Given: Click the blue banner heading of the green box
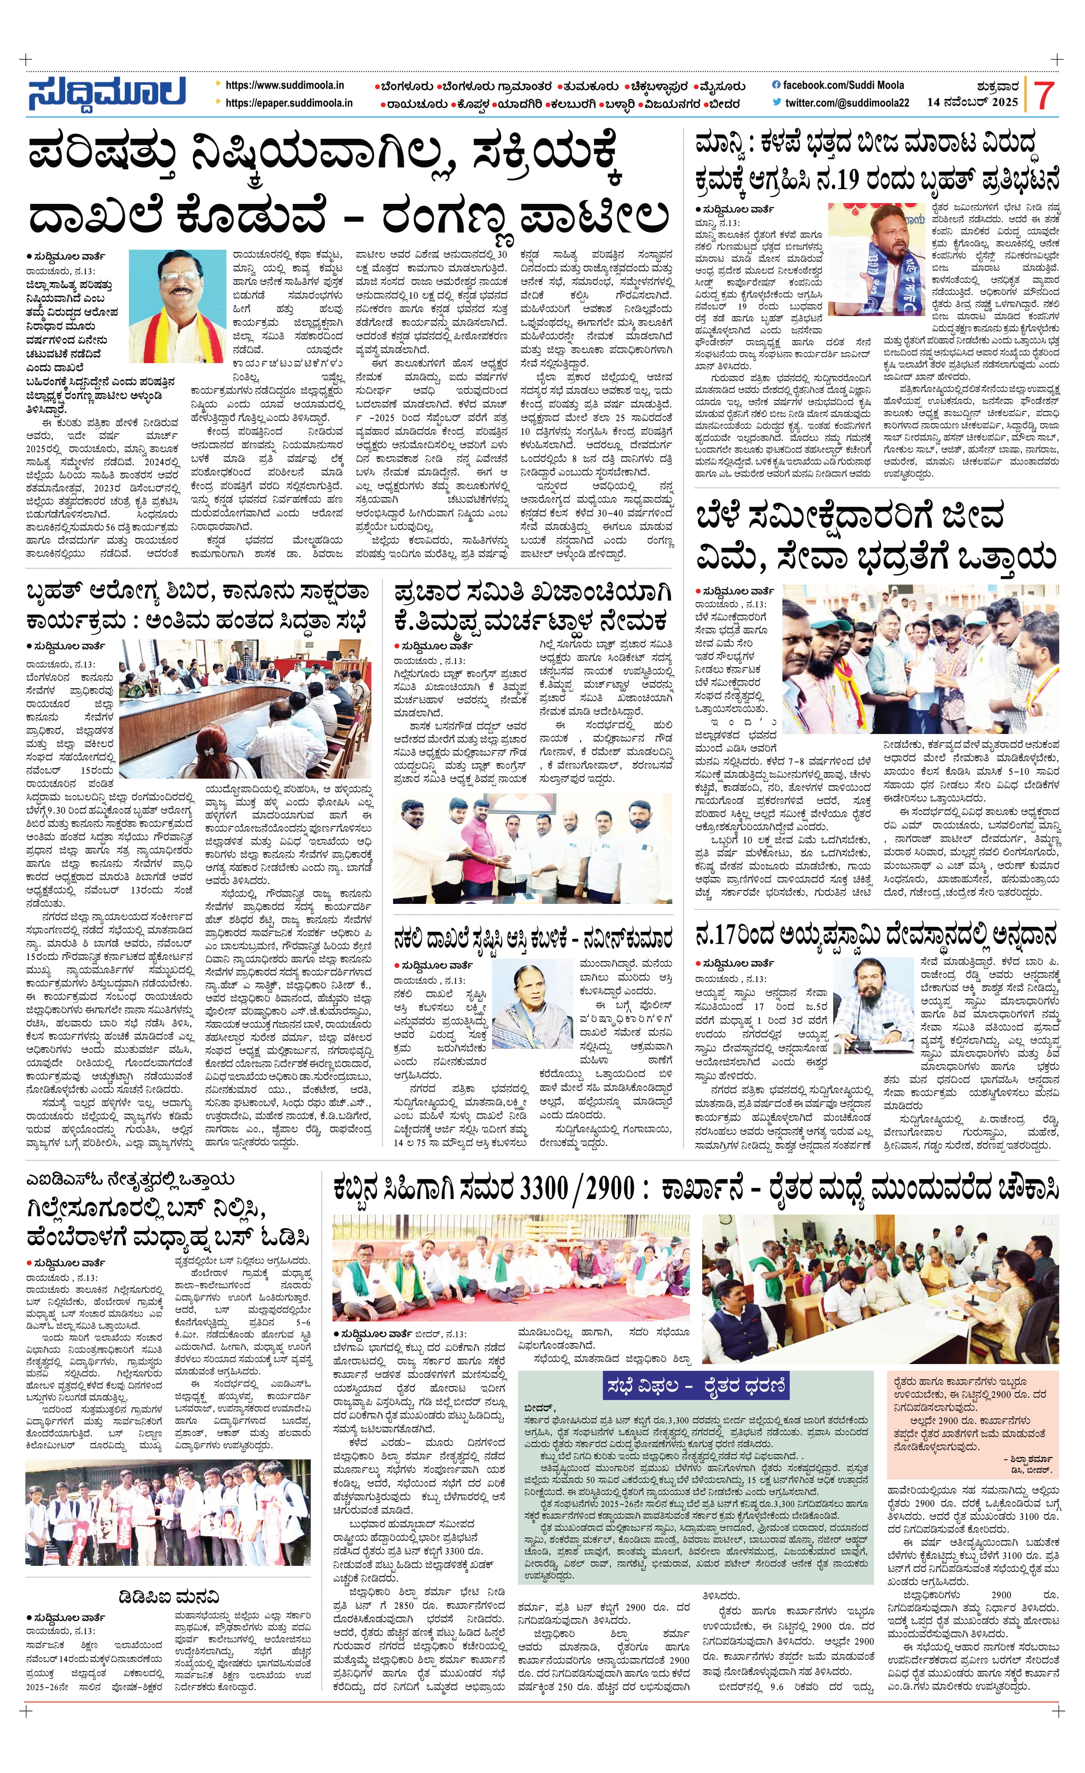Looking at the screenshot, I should tap(694, 1383).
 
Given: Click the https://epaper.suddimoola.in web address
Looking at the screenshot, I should tap(289, 103).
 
